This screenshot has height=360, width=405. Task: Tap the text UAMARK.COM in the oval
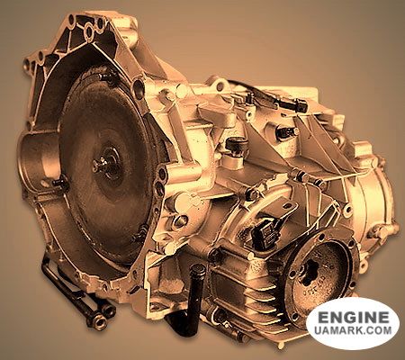pos(353,330)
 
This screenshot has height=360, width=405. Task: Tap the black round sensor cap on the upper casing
pos(237,144)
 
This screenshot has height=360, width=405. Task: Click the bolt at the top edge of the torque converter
pos(107,75)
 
